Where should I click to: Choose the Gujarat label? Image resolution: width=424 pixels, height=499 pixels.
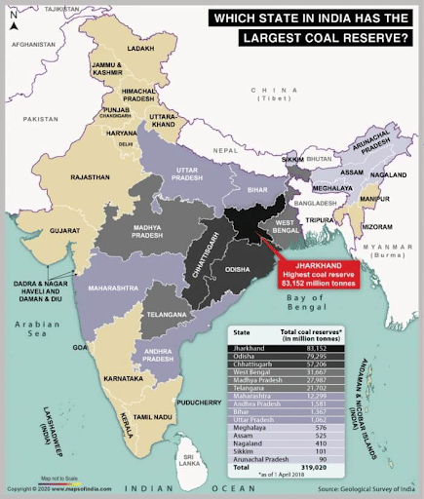pyautogui.click(x=66, y=231)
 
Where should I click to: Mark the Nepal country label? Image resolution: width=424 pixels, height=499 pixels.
pyautogui.click(x=226, y=151)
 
